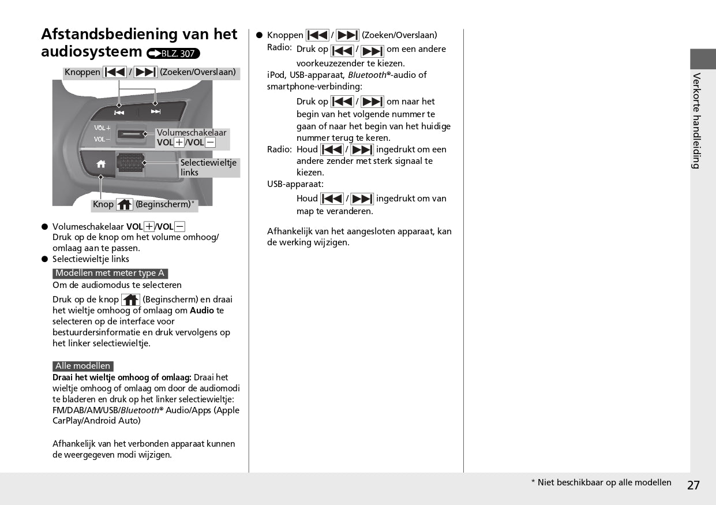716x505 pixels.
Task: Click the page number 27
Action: (693, 485)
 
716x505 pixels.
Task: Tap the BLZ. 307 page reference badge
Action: (173, 54)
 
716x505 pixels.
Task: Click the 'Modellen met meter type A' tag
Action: (110, 273)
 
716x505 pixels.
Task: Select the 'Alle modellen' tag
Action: (83, 366)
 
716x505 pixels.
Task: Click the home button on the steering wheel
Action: (101, 164)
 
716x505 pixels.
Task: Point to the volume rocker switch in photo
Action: (133, 134)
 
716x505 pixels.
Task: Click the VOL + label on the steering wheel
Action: (102, 128)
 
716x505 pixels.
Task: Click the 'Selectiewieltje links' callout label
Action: (208, 167)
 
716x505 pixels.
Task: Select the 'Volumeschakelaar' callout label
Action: (192, 133)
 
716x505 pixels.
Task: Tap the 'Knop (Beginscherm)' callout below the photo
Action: (144, 204)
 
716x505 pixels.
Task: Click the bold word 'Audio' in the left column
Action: (202, 311)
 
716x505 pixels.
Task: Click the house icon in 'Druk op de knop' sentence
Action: (130, 300)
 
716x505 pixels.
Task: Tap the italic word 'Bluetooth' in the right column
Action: (367, 75)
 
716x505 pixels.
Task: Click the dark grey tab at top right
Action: (703, 59)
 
